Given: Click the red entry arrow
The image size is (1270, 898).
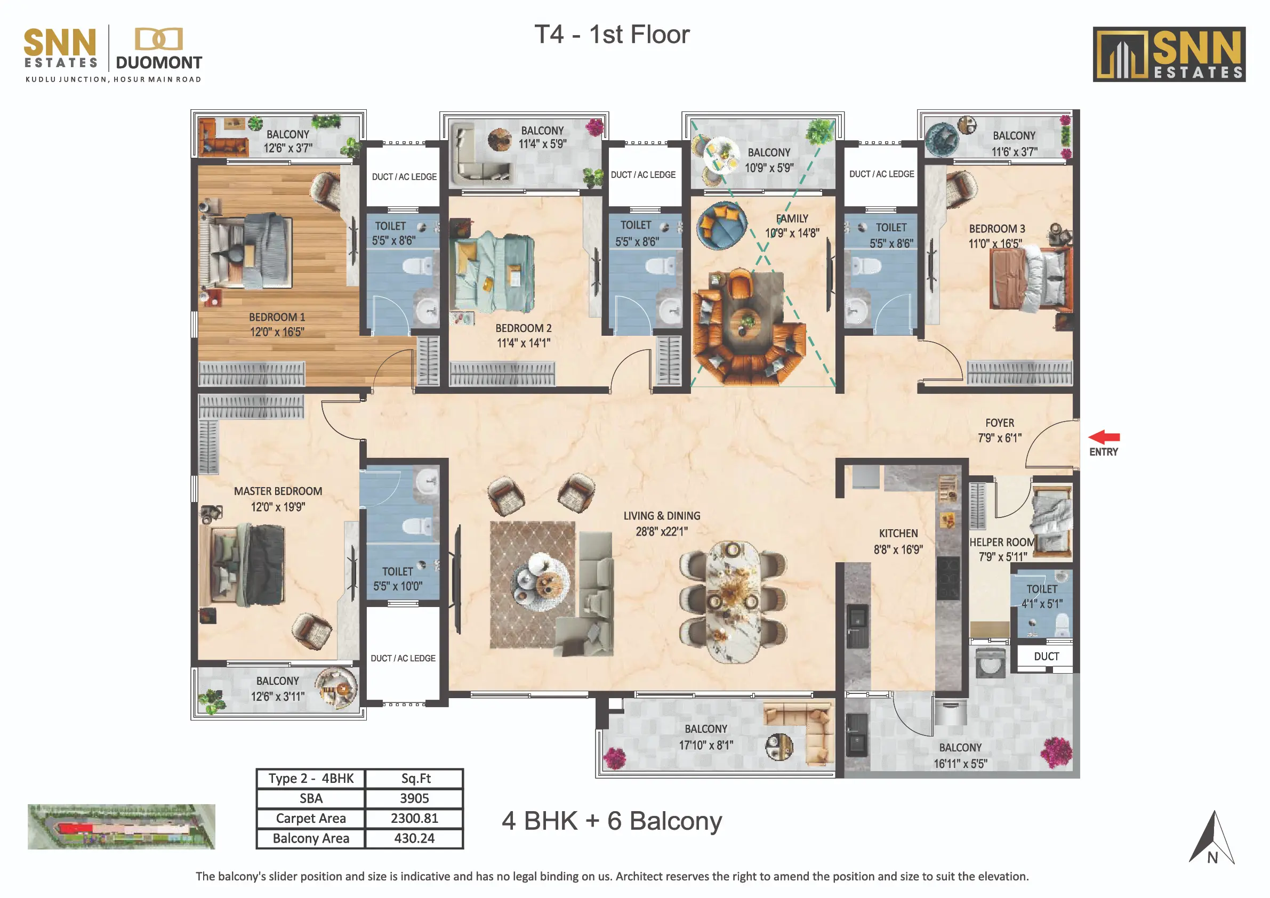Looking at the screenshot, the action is click(x=1104, y=437).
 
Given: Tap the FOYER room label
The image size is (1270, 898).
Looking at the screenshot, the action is click(x=1000, y=423).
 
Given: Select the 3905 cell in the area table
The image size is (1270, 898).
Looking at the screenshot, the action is click(x=414, y=798).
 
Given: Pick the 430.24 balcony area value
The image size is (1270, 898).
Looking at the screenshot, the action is click(x=414, y=838).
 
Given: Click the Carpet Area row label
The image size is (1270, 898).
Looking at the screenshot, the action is click(x=311, y=819).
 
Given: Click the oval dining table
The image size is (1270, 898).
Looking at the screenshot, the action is click(x=733, y=602).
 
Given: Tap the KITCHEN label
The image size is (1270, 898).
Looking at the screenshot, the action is click(x=898, y=533).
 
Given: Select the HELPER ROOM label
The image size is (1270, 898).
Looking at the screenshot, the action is click(x=1002, y=543).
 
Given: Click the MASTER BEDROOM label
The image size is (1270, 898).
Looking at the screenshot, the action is click(x=278, y=491).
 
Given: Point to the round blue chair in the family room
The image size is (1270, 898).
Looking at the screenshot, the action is click(x=721, y=225).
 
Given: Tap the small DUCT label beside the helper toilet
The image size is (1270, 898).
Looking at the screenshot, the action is click(x=1046, y=657).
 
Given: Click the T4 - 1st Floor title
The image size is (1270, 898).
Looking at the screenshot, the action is click(x=612, y=34).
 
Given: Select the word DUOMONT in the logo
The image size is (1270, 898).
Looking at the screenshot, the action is click(x=159, y=62).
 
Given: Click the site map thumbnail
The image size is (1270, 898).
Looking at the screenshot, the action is click(x=121, y=827).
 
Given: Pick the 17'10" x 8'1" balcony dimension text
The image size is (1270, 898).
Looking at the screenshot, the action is click(x=706, y=746).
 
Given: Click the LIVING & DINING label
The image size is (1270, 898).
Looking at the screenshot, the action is click(x=662, y=516).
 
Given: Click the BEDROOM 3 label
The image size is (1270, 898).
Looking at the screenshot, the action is click(x=996, y=229).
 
